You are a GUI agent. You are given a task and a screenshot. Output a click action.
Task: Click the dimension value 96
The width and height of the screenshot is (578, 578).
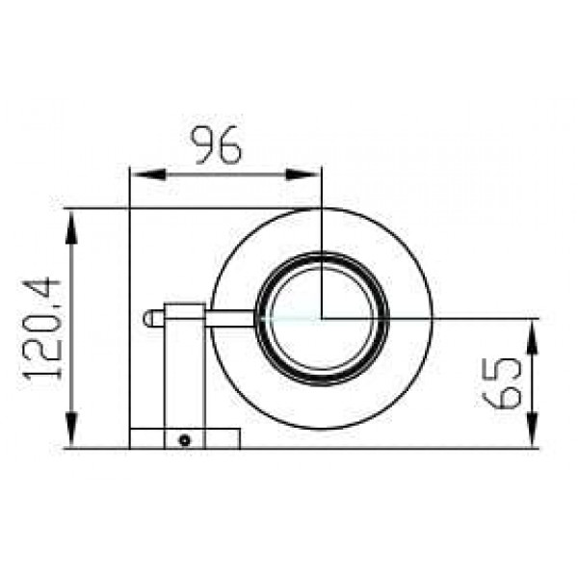(x=216, y=145)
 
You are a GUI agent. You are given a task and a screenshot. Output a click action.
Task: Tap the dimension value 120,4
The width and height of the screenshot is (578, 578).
(x=41, y=329)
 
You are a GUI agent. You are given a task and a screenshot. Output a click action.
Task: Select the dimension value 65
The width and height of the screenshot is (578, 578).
(x=502, y=382)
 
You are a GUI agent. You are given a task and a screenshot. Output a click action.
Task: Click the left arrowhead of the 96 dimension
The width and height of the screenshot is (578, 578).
(x=148, y=174)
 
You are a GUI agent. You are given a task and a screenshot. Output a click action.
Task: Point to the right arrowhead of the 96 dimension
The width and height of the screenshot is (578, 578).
(x=303, y=174)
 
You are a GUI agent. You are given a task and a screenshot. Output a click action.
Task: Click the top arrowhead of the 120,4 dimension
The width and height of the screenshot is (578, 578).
(x=72, y=227)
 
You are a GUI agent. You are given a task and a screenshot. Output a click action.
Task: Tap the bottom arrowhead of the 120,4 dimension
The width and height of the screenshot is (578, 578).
(x=72, y=431)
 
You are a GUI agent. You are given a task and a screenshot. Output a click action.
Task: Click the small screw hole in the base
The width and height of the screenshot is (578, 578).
(x=184, y=440)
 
